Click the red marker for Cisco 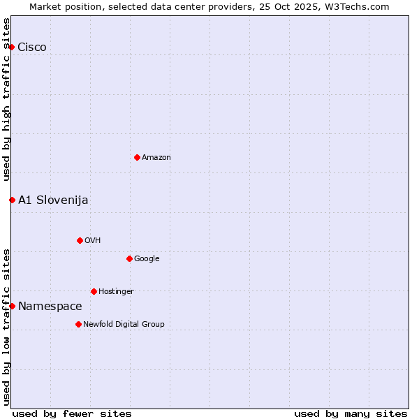(12, 47)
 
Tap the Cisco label (32, 47)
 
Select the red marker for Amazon (137, 157)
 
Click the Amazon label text (156, 158)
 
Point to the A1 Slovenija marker (12, 200)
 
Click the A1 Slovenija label (53, 200)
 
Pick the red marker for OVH (80, 240)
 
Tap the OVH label (93, 241)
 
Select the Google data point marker (129, 258)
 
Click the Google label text (147, 259)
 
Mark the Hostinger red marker (94, 291)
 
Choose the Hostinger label (116, 292)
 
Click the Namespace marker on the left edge (12, 306)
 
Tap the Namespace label (50, 307)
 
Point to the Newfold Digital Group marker (78, 324)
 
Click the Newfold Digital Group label (124, 325)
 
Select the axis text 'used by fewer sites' (72, 413)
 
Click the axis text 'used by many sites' (351, 413)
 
